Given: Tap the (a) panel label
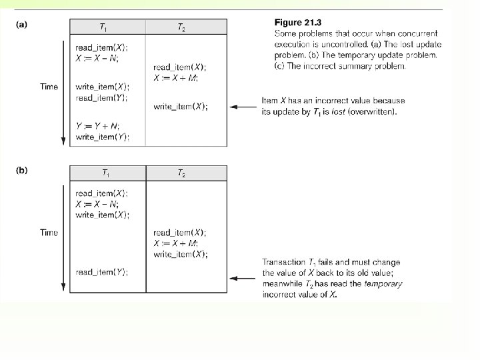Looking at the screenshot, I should click(x=21, y=25).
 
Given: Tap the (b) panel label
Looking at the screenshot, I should click(x=21, y=170).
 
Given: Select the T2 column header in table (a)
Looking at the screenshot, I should click(x=181, y=27).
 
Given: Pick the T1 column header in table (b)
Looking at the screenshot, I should click(x=107, y=173).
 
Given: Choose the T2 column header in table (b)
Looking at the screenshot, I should click(x=181, y=173).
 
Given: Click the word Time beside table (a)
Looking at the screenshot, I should click(x=49, y=87).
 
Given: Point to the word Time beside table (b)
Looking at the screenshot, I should click(x=49, y=233).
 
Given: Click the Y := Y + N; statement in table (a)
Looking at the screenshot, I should click(x=98, y=127).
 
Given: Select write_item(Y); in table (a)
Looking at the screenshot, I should click(x=102, y=137).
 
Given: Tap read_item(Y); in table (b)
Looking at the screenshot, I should click(x=101, y=272).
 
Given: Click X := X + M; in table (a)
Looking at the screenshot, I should click(x=176, y=77).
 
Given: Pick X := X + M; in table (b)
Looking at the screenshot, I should click(x=176, y=243).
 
